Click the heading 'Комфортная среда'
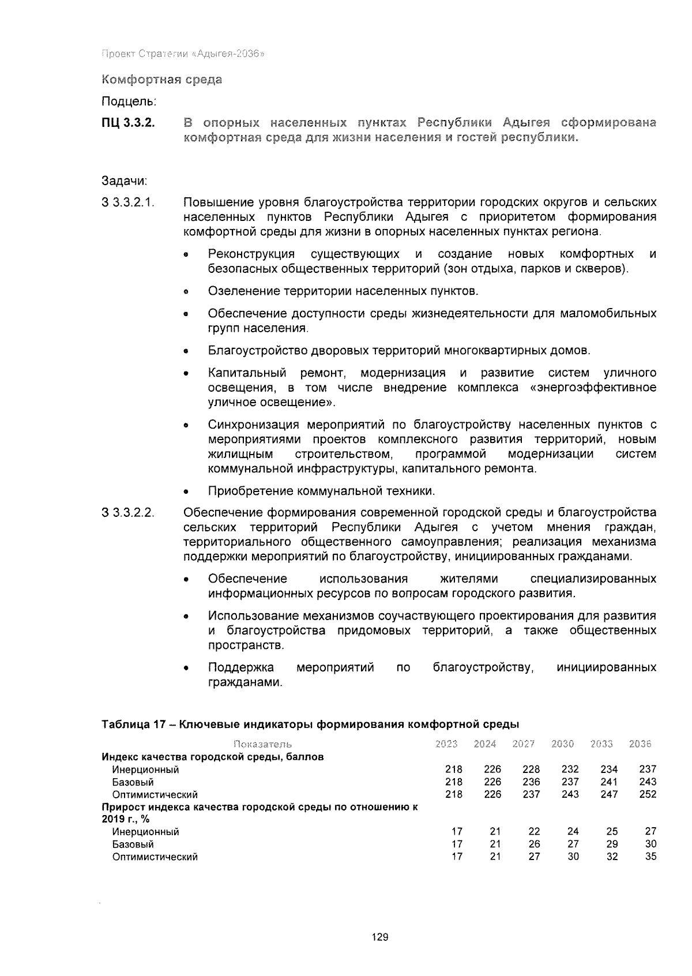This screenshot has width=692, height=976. point(161,80)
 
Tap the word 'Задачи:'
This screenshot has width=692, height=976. point(125,181)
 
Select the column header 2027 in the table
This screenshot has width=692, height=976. point(523,744)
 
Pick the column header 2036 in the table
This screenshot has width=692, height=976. point(640,744)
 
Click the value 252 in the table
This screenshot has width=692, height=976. point(648,794)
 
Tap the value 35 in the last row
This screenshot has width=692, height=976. point(650,857)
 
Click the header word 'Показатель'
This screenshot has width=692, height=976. point(262,744)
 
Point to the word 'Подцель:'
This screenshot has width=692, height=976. point(129,102)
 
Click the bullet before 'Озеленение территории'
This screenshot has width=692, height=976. point(186,292)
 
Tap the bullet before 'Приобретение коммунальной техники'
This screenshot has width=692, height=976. point(186,492)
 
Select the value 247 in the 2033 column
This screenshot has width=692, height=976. point(608,794)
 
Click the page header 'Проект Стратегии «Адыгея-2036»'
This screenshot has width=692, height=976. point(183,54)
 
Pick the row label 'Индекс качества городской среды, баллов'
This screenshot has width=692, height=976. point(212,757)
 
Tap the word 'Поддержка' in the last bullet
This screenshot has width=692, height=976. point(240,668)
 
